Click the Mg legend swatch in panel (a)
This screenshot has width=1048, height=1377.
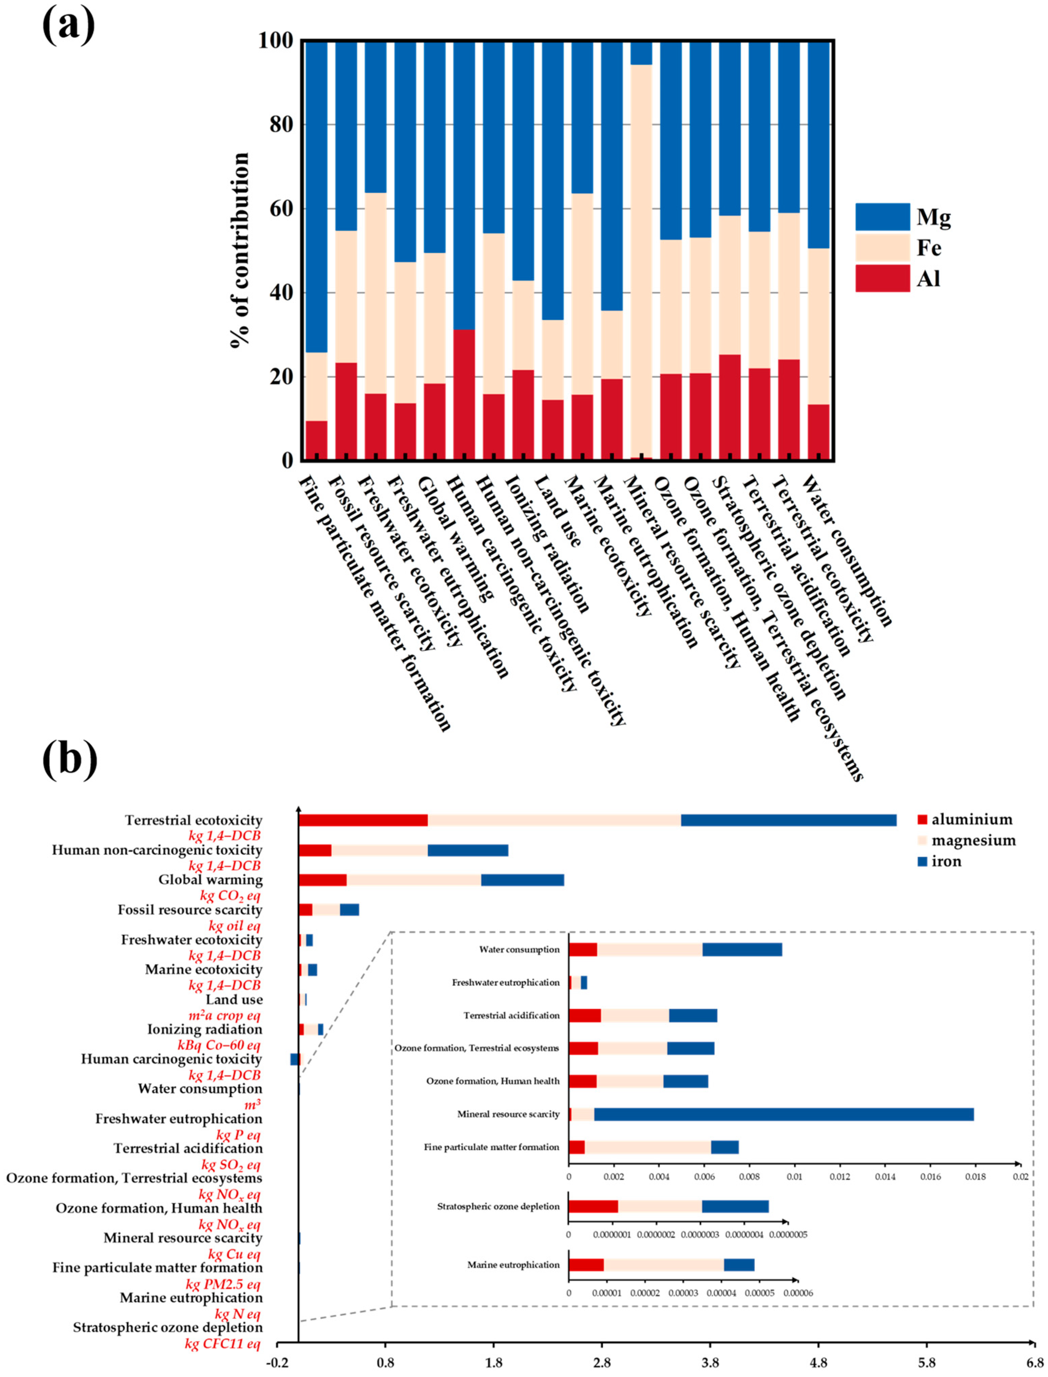pyautogui.click(x=882, y=216)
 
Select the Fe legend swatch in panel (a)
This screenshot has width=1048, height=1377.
pyautogui.click(x=882, y=248)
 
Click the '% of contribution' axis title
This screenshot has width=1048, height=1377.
pyautogui.click(x=239, y=250)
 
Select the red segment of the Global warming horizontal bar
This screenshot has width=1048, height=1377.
pyautogui.click(x=322, y=880)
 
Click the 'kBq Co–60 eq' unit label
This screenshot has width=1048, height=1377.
pyautogui.click(x=219, y=1045)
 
